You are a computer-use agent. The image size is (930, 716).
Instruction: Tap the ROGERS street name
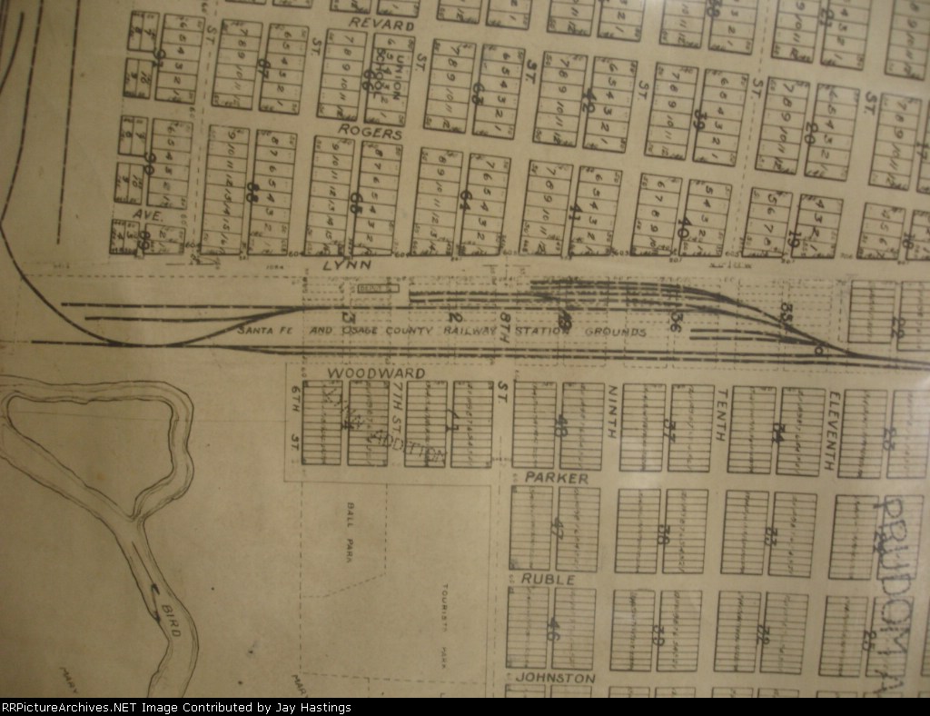[370, 133]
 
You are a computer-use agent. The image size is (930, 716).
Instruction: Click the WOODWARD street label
[364, 373]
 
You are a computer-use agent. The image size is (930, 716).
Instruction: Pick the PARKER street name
[556, 478]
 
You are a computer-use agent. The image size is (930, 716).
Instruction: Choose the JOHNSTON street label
[556, 678]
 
